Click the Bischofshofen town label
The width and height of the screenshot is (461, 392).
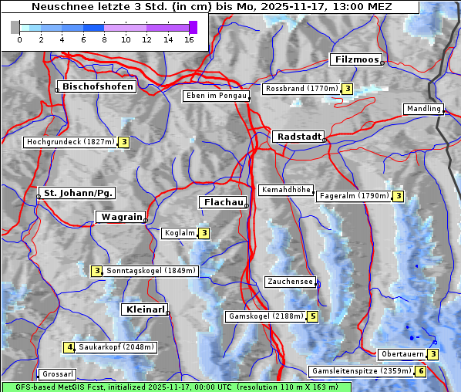coord(98,86)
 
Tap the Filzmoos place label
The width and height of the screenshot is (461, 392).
coord(355,59)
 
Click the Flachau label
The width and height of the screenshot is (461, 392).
coord(222,202)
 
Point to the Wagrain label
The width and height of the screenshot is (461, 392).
coord(119,218)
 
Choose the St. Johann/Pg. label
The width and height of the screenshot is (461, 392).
coord(78,192)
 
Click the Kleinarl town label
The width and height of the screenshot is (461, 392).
coord(144,309)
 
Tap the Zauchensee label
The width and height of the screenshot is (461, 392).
coord(290,282)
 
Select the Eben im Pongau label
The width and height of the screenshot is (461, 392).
coord(215,96)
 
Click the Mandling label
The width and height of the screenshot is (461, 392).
coord(422,109)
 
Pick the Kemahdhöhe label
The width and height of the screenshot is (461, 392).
coord(285,190)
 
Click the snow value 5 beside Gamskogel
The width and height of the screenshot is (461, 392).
coord(312,316)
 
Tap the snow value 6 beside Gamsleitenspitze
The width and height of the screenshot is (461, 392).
coord(420,371)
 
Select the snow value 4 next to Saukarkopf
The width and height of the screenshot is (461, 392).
coord(69,347)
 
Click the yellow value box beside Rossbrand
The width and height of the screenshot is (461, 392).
coord(348,89)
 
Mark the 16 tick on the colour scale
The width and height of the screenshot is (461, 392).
coord(189,39)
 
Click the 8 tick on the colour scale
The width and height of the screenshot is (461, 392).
coord(104,39)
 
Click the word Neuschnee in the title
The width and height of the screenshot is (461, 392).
coord(57,7)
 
